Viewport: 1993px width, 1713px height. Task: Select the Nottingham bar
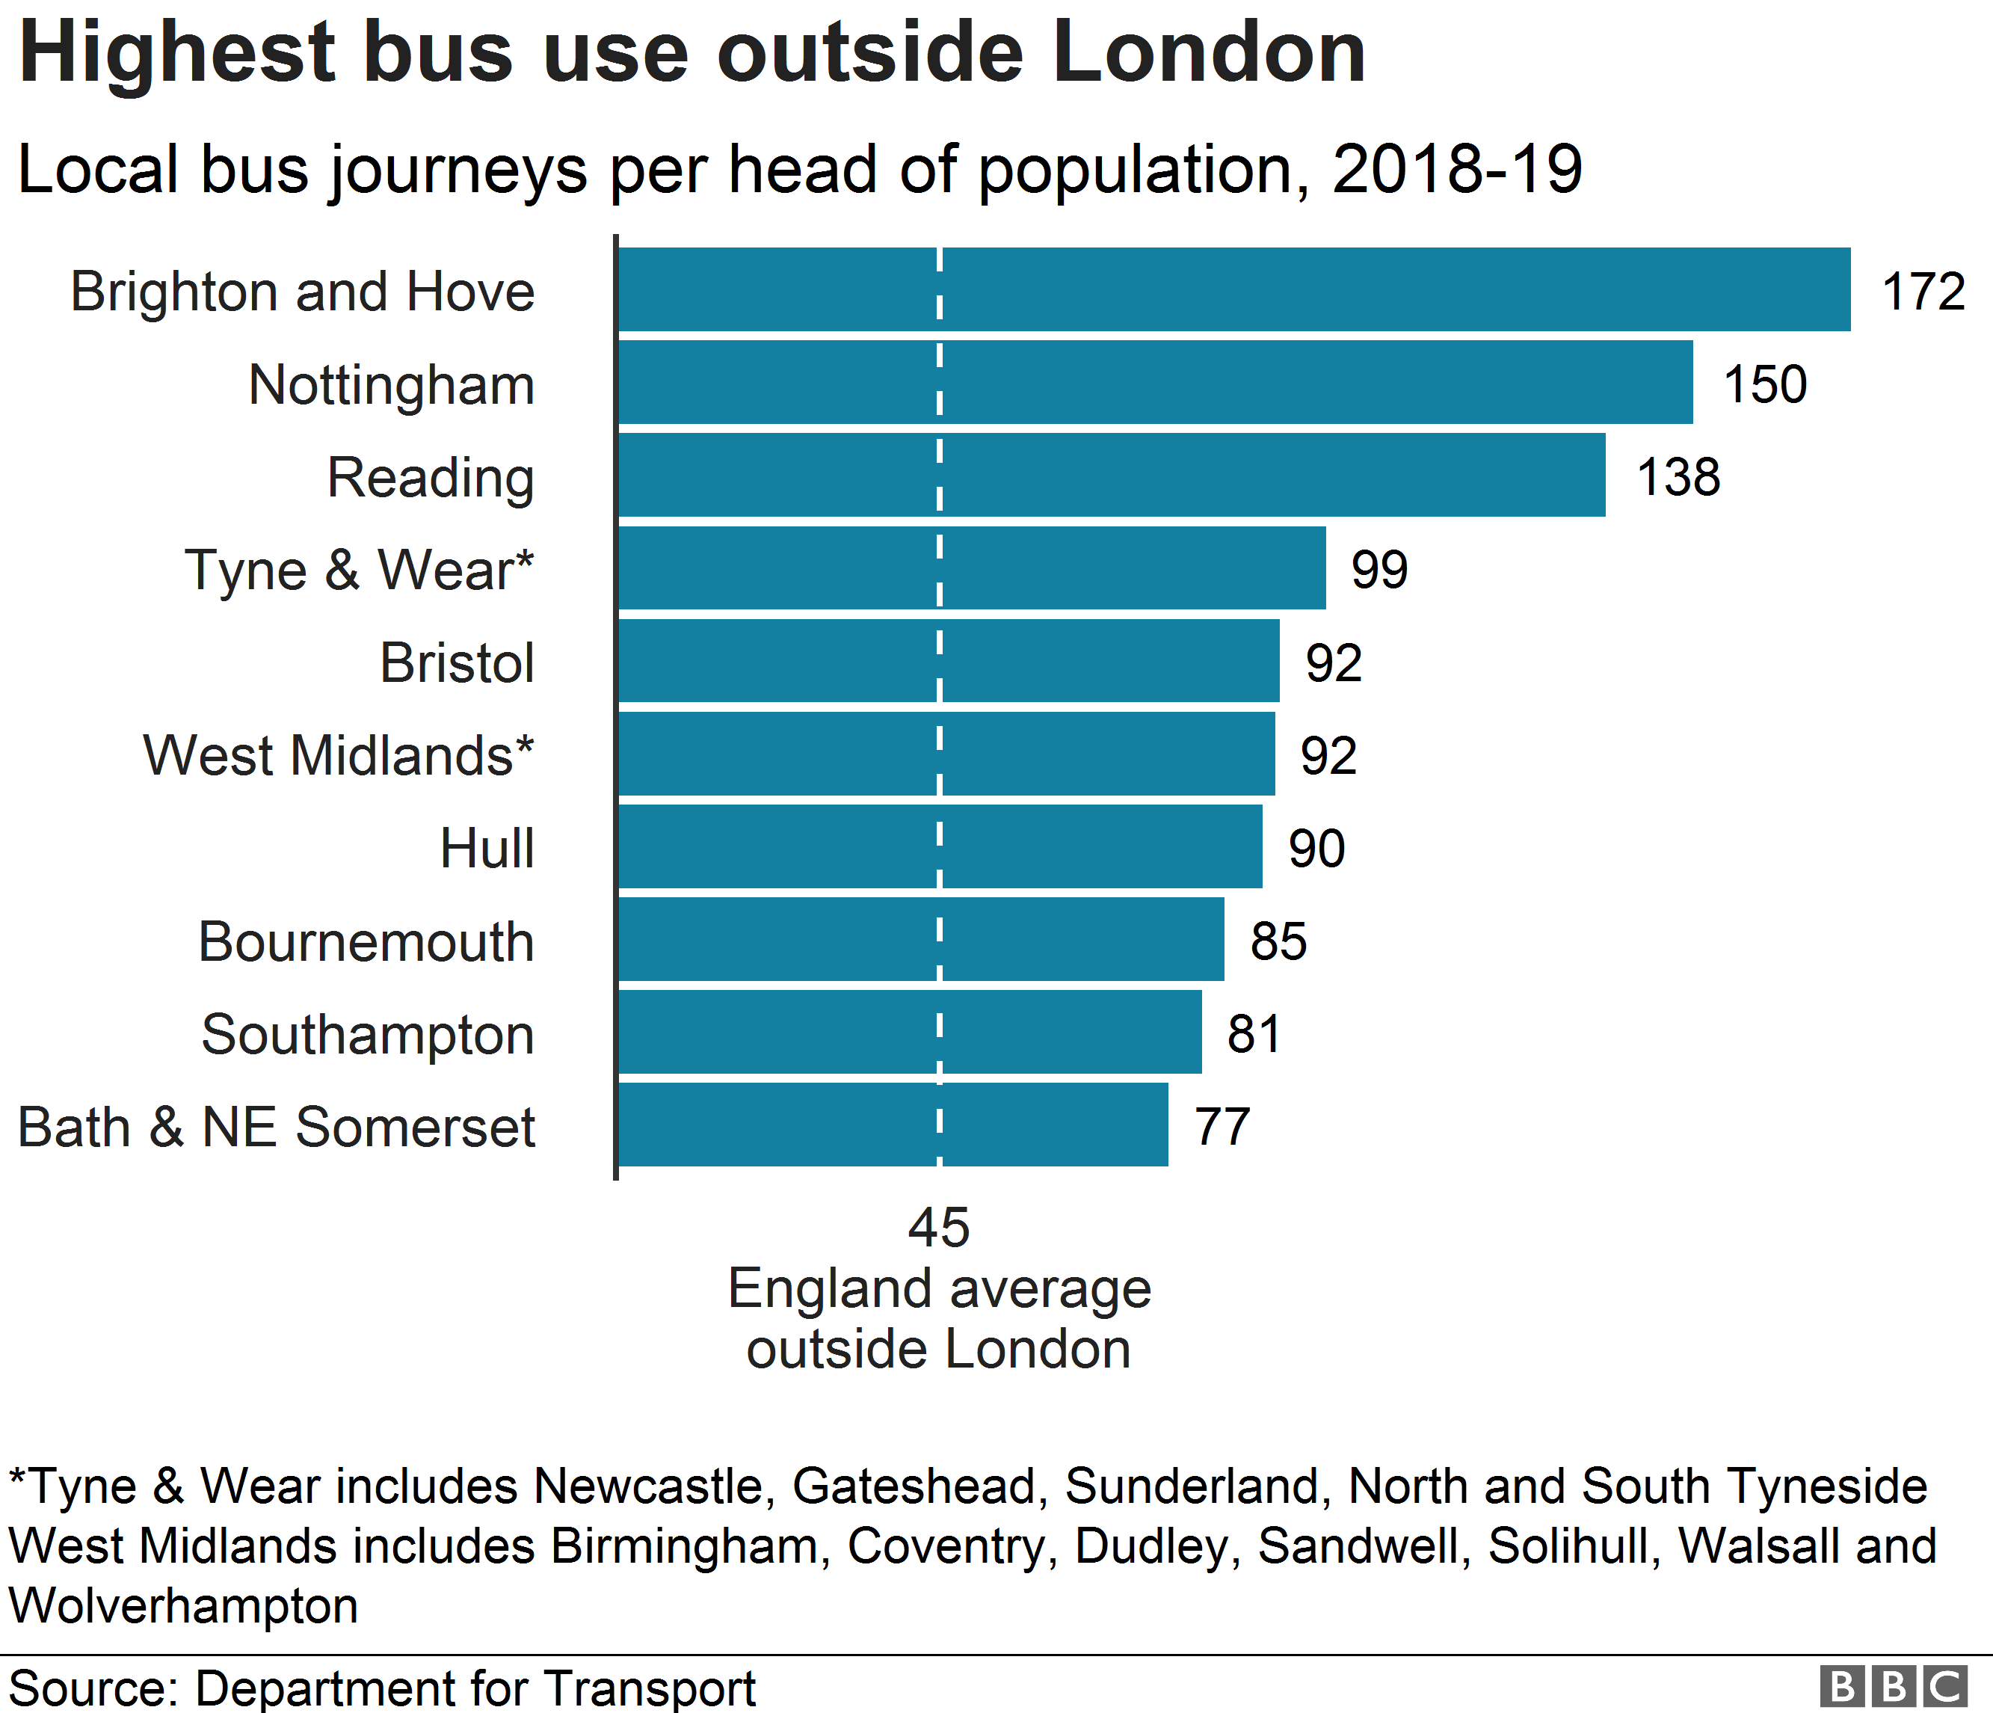pyautogui.click(x=1154, y=383)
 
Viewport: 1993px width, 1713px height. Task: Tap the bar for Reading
pyautogui.click(x=1111, y=475)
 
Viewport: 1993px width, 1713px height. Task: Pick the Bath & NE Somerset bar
pyautogui.click(x=893, y=1125)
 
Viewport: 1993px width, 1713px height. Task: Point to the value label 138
pyautogui.click(x=1678, y=477)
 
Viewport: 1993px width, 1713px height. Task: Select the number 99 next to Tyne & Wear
pyautogui.click(x=1379, y=570)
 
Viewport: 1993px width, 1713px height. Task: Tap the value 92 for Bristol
pyautogui.click(x=1333, y=662)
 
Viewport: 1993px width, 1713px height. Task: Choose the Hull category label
pyautogui.click(x=487, y=849)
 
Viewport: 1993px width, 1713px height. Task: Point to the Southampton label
pyautogui.click(x=368, y=1035)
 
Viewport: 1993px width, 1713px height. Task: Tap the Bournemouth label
pyautogui.click(x=366, y=941)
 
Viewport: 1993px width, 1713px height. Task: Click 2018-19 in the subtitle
pyautogui.click(x=1457, y=169)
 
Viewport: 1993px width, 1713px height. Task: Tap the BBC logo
pyautogui.click(x=1893, y=1687)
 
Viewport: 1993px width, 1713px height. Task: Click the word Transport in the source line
pyautogui.click(x=650, y=1689)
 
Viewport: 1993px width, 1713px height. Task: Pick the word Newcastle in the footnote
pyautogui.click(x=650, y=1485)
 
